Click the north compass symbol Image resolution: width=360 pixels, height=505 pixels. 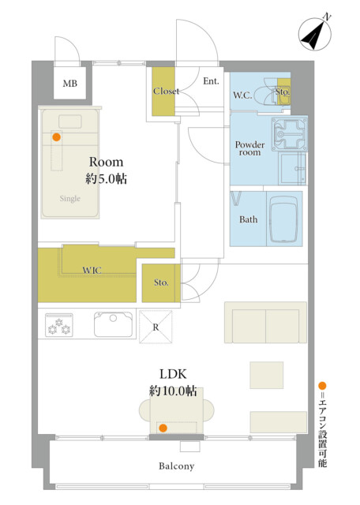(315, 34)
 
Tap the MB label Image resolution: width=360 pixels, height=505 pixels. (70, 84)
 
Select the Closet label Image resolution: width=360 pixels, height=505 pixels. (166, 92)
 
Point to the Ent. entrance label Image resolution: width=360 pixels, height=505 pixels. (211, 81)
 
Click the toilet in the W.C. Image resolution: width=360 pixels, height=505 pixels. (272, 92)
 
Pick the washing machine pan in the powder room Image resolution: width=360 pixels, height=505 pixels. (290, 134)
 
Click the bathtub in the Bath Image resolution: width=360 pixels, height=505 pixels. (283, 219)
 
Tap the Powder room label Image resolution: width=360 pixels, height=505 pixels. (249, 148)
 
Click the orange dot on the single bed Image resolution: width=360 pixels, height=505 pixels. (56, 137)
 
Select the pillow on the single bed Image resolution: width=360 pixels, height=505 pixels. (70, 122)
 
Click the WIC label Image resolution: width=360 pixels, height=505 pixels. (92, 270)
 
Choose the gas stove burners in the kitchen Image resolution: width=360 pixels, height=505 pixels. (59, 325)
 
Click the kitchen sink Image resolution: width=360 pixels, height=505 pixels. (113, 324)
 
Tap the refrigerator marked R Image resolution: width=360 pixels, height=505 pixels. (156, 327)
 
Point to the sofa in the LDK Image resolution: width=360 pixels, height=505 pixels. (265, 322)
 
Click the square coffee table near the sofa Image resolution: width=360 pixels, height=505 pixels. (267, 375)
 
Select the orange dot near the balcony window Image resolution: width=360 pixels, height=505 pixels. (163, 428)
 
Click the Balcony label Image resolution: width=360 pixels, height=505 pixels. (177, 466)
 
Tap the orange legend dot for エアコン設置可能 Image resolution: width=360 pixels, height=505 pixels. (322, 386)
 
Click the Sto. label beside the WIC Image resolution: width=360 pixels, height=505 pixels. (161, 282)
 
